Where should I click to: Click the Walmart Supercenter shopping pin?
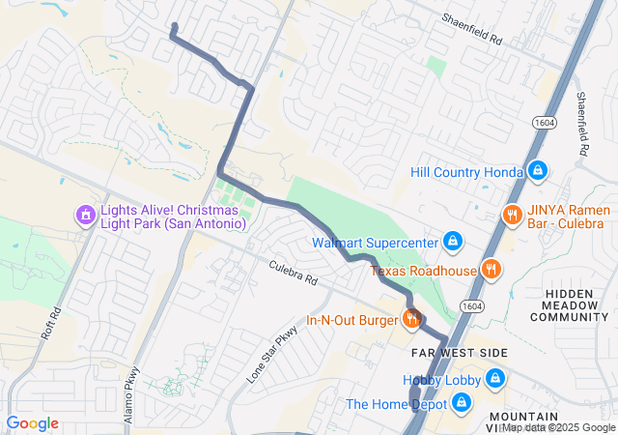point(451,241)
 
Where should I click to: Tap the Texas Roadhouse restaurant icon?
point(492,270)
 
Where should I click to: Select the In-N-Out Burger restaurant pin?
point(412,318)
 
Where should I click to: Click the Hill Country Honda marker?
point(538,172)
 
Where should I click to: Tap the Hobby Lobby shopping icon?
point(495,377)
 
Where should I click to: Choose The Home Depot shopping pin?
point(462,402)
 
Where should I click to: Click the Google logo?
point(33,423)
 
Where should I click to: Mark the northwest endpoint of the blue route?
point(173,25)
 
